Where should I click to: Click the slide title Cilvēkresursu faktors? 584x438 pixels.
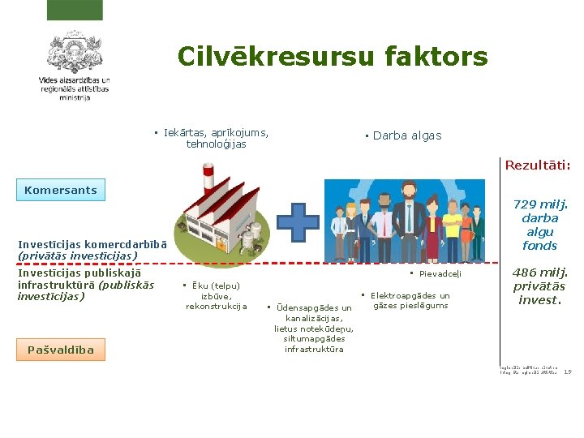coord(333,57)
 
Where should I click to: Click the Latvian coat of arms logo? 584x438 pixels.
coord(74,53)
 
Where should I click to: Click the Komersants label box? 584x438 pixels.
coord(61,191)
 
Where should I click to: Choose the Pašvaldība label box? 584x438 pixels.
coord(61,350)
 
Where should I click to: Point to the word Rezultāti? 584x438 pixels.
coord(537,165)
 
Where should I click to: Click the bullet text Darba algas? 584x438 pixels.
coord(406,135)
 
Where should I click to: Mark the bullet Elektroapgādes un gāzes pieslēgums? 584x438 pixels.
coord(410,301)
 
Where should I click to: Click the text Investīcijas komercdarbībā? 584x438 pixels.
coord(92,244)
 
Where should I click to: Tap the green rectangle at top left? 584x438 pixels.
coord(74,10)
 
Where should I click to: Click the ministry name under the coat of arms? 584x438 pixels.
coord(74,88)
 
